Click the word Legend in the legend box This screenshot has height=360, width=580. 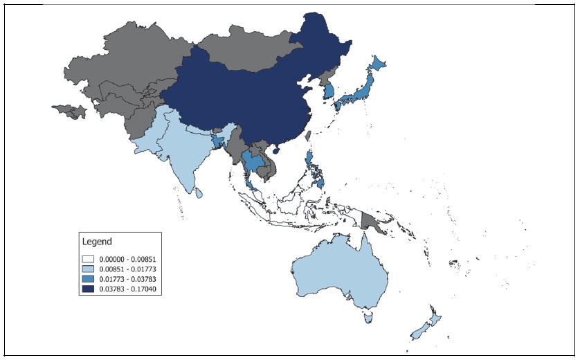(96, 242)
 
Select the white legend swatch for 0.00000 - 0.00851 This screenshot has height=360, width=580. (89, 259)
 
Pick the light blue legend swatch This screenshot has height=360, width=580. (89, 269)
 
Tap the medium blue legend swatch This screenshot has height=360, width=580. (89, 278)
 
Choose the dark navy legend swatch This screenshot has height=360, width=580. (89, 288)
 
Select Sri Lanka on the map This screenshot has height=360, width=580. (199, 190)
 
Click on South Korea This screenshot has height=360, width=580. (332, 91)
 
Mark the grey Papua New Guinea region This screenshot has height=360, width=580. (370, 220)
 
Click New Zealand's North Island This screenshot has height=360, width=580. (435, 318)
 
